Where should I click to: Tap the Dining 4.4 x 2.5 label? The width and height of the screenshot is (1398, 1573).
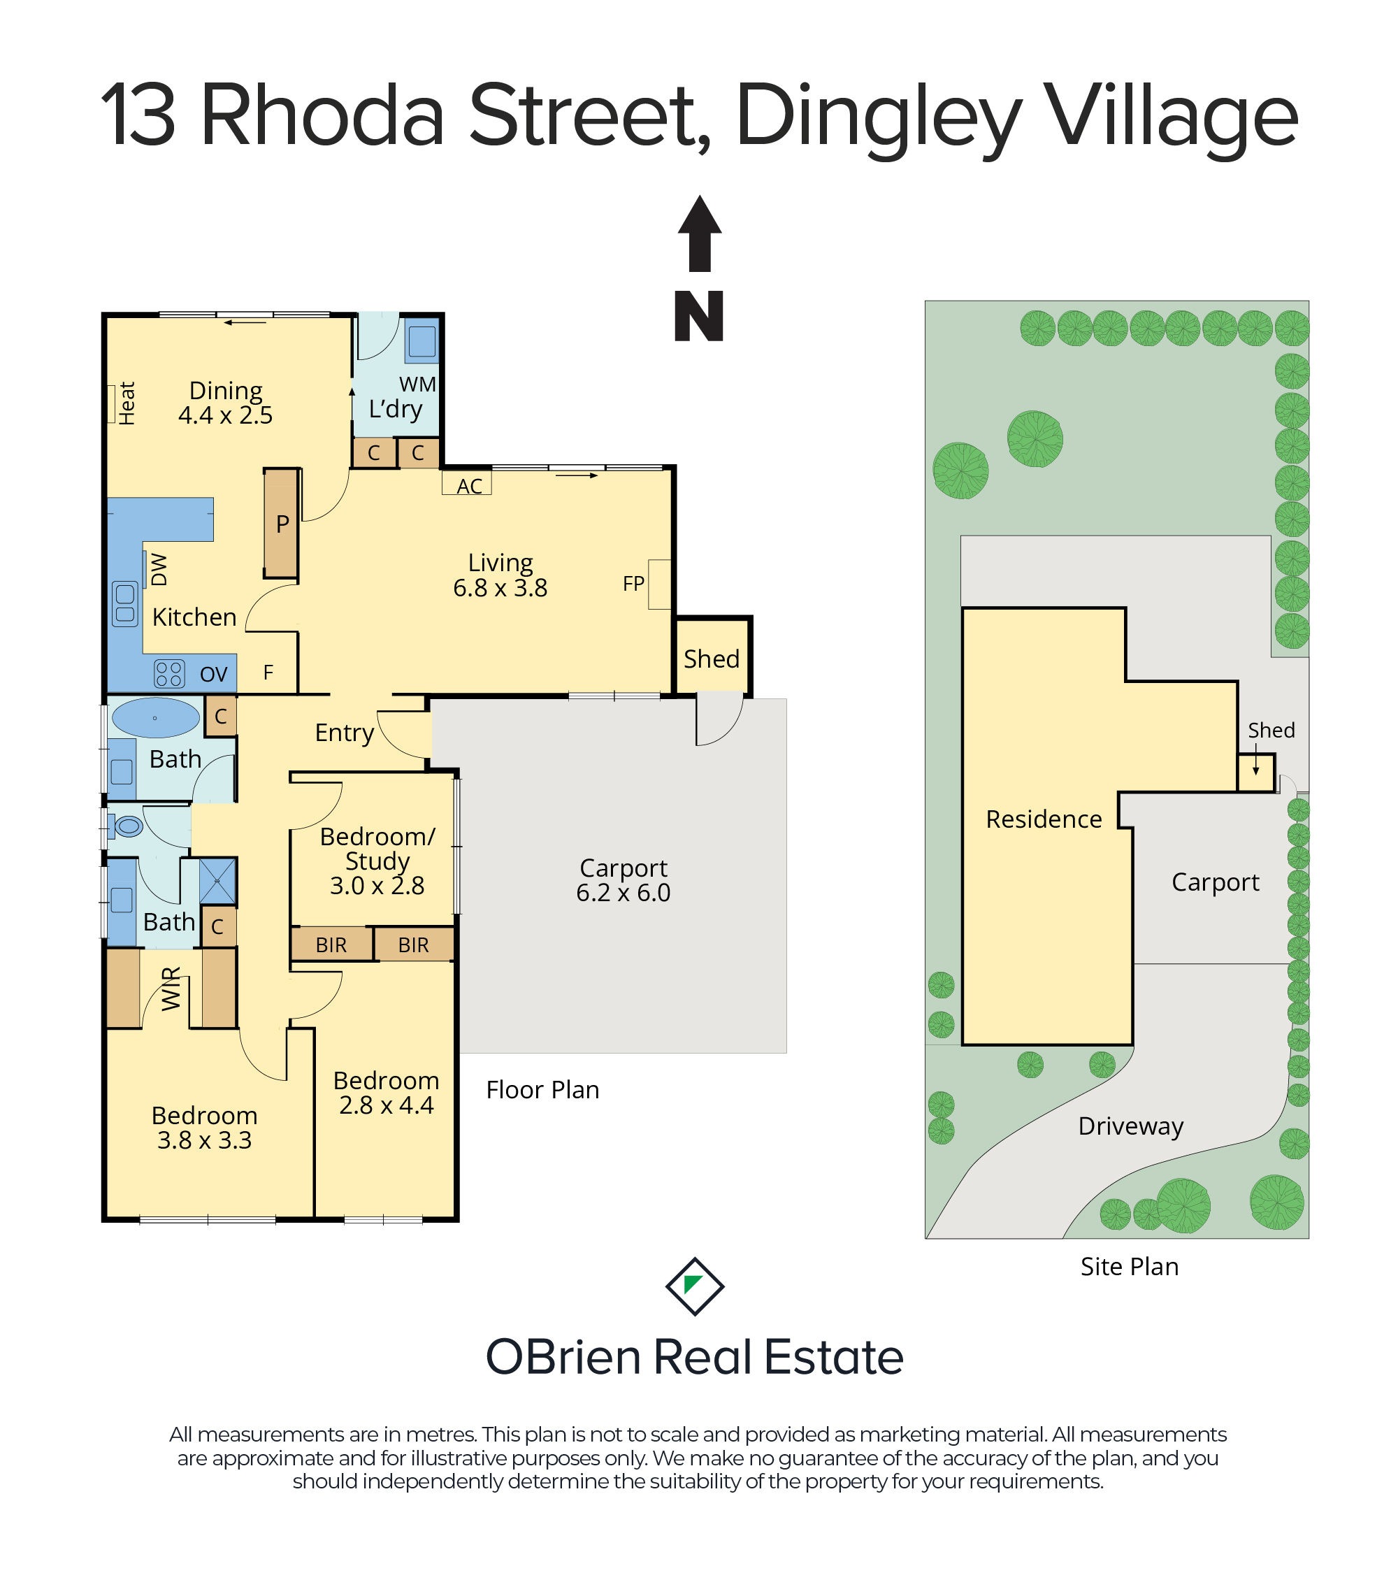tap(226, 403)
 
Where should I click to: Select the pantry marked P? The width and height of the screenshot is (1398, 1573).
tap(282, 524)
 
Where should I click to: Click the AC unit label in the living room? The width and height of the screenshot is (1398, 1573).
tap(468, 486)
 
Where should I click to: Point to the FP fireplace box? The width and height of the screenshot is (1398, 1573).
tap(659, 583)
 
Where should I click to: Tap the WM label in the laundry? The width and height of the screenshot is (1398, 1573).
tap(418, 383)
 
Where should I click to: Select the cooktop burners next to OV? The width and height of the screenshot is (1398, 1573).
tap(169, 673)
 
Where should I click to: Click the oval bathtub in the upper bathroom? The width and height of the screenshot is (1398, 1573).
tap(155, 717)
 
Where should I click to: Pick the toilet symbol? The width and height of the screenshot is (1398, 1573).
tap(128, 826)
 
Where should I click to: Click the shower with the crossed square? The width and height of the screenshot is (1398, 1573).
tap(218, 881)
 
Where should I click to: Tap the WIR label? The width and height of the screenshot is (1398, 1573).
tap(171, 989)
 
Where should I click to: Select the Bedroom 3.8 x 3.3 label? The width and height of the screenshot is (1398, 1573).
tap(205, 1128)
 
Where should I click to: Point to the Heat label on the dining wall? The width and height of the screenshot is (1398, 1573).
tap(127, 403)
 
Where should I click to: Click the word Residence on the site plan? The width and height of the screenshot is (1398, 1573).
tap(1044, 819)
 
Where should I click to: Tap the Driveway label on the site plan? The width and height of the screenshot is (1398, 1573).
tap(1131, 1126)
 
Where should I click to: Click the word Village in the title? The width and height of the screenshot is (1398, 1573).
tap(1169, 115)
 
